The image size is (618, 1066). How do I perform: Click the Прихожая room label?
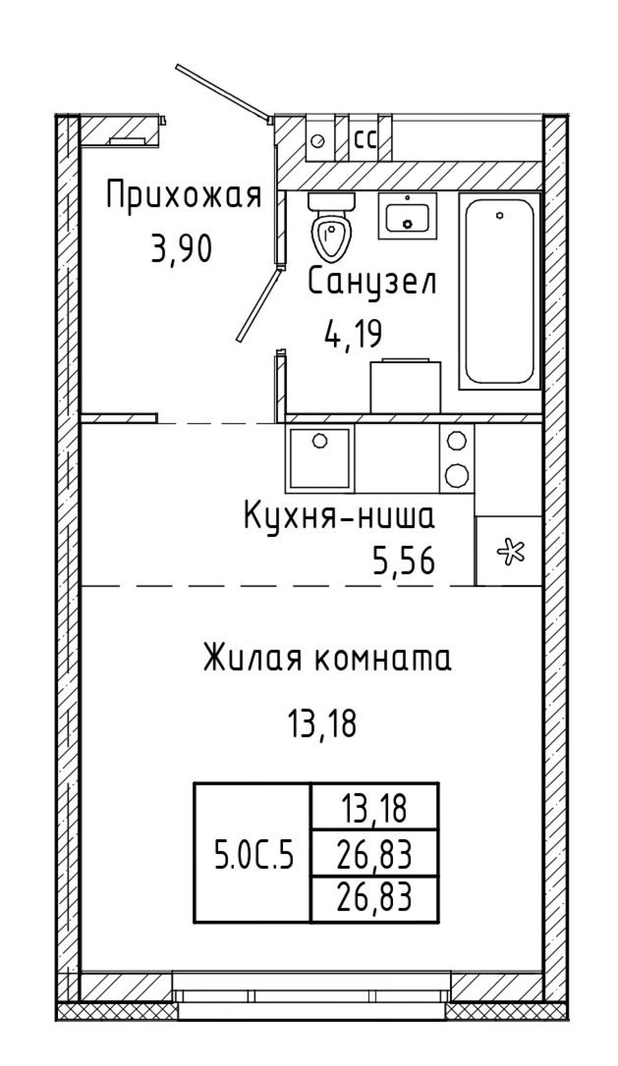pyautogui.click(x=184, y=194)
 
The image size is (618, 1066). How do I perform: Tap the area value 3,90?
pyautogui.click(x=181, y=248)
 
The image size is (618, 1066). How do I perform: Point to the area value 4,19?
pyautogui.click(x=352, y=332)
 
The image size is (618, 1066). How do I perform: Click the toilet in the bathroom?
pyautogui.click(x=332, y=227)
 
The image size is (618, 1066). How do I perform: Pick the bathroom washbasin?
pyautogui.click(x=407, y=215)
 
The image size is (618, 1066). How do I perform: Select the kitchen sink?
pyautogui.click(x=320, y=458)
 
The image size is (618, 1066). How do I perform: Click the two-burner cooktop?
pyautogui.click(x=457, y=458)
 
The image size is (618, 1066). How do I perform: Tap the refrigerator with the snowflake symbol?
pyautogui.click(x=508, y=551)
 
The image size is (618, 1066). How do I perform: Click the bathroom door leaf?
pyautogui.click(x=258, y=306)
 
